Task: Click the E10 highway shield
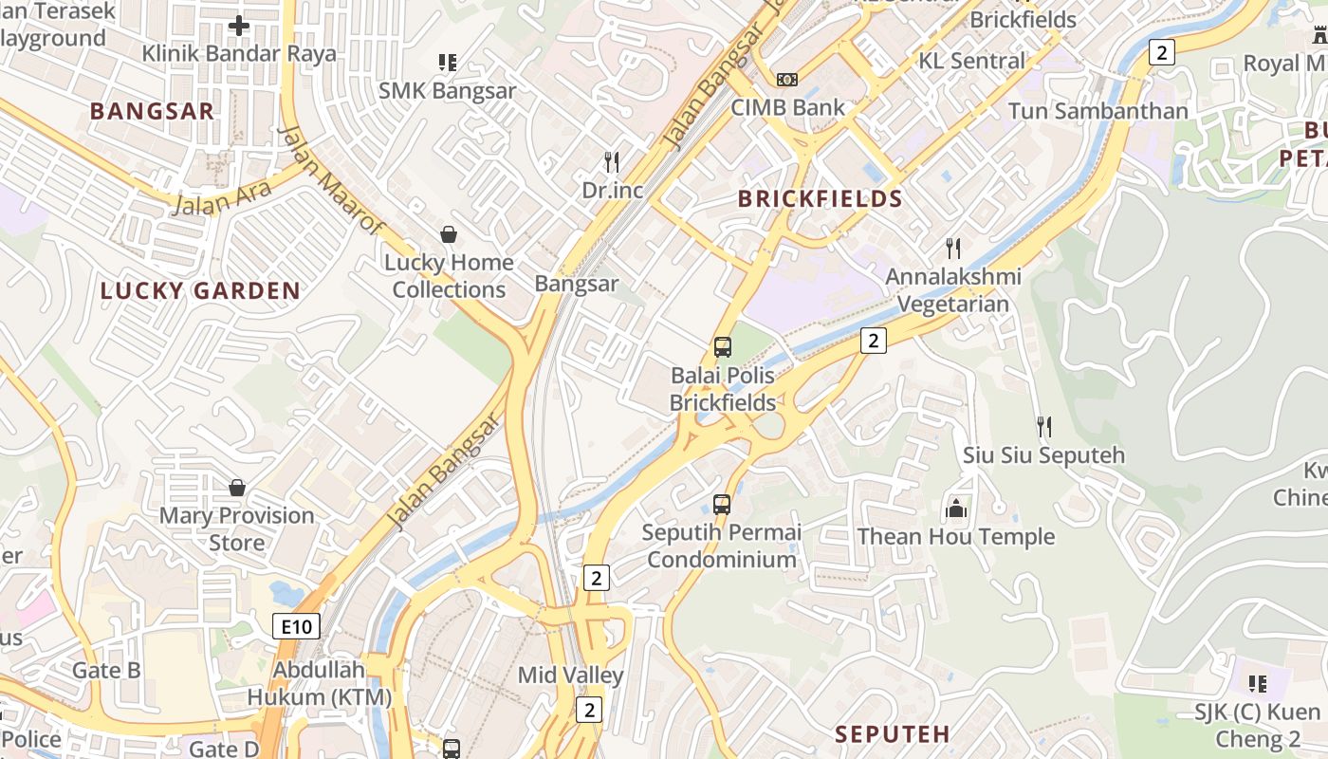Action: (296, 626)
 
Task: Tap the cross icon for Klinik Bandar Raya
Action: (239, 26)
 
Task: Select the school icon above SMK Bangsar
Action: (448, 63)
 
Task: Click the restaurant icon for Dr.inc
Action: (612, 162)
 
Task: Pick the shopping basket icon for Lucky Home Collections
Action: (448, 233)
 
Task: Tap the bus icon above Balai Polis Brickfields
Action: (723, 347)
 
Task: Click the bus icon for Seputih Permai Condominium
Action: (722, 504)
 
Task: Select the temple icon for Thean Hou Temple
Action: (956, 509)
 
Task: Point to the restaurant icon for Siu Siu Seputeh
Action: (1044, 427)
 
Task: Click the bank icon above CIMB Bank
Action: (787, 80)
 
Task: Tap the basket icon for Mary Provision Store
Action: (237, 488)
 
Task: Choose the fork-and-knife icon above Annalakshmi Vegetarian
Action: (953, 249)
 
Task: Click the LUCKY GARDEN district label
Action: (200, 291)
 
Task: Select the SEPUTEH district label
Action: (893, 733)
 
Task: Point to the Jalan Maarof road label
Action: (331, 179)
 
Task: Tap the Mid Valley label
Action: (570, 676)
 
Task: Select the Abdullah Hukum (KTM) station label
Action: (319, 683)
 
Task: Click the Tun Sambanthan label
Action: (1097, 111)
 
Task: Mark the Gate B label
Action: (106, 671)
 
